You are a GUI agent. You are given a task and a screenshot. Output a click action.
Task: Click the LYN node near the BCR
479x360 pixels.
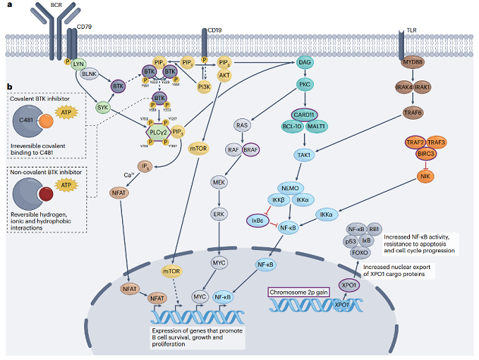pos(79,64)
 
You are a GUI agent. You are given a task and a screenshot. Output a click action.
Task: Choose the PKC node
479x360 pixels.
pos(304,85)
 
